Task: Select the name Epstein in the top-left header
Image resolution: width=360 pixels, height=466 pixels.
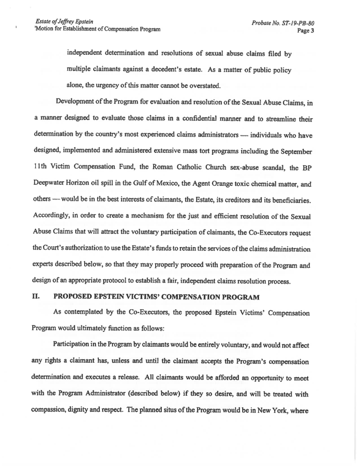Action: coord(75,23)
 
